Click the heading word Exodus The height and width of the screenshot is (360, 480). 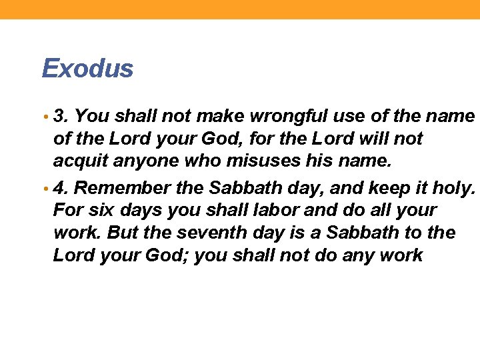[x=87, y=68]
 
